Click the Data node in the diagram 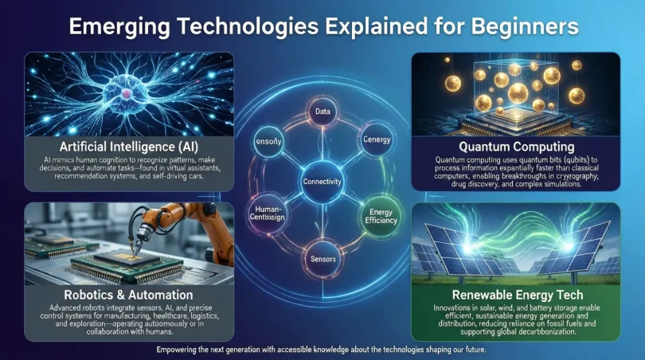[x=322, y=112]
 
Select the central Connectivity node [x=322, y=182]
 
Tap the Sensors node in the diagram [x=322, y=260]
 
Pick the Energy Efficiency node [x=379, y=216]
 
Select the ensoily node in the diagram [x=269, y=141]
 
